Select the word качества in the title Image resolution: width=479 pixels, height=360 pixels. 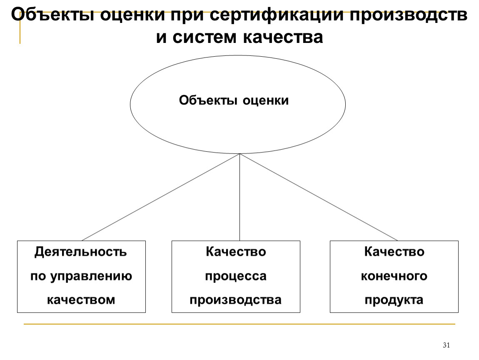[283, 37]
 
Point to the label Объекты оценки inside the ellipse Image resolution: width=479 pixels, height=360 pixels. [234, 100]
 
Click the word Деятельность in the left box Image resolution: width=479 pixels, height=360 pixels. [81, 252]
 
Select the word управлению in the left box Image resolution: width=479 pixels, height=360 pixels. [91, 276]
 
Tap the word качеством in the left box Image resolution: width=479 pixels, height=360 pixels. [81, 300]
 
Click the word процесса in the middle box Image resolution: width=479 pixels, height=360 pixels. [236, 276]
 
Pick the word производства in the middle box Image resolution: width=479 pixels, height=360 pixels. [235, 300]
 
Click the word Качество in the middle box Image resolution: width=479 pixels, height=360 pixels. [236, 252]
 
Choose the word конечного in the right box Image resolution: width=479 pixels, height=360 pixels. [394, 276]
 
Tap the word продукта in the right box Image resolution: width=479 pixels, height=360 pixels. [394, 300]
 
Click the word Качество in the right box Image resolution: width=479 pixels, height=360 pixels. [394, 252]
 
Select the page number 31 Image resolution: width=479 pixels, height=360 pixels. [447, 345]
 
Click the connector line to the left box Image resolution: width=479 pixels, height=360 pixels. [161, 197]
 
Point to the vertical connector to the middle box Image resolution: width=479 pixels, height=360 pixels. [240, 197]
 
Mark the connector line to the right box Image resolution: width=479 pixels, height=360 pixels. [319, 197]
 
